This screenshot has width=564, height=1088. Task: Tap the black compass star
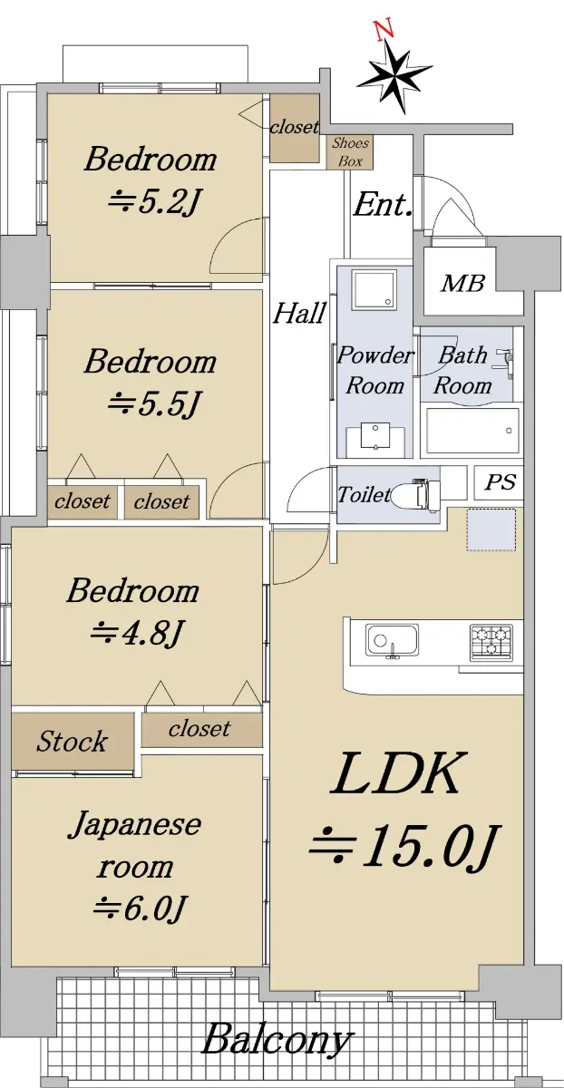pos(394,76)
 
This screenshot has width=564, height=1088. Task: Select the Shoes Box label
pos(350,152)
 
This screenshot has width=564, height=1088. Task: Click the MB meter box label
pos(462,283)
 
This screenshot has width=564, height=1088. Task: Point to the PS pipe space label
pos(500,481)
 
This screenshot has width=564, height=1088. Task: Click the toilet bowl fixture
pos(418,493)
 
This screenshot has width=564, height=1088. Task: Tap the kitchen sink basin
pos(392,640)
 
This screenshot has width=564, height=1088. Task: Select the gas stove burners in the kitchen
pos(491,641)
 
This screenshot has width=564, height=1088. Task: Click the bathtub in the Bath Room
pos(472,430)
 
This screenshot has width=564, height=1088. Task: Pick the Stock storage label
pos(72,742)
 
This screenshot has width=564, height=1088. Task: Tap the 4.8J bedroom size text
pos(137,634)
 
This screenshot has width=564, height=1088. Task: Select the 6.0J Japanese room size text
pos(140,908)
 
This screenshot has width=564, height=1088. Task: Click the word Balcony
pos(276,1039)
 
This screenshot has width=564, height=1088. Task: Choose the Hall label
pos(299,314)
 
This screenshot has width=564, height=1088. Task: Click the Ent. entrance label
pos(383,205)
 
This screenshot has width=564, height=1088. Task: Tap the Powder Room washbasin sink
pos(375,436)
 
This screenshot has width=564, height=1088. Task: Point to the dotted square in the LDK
pos(491,529)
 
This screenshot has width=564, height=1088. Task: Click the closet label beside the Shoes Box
pos(294,127)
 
